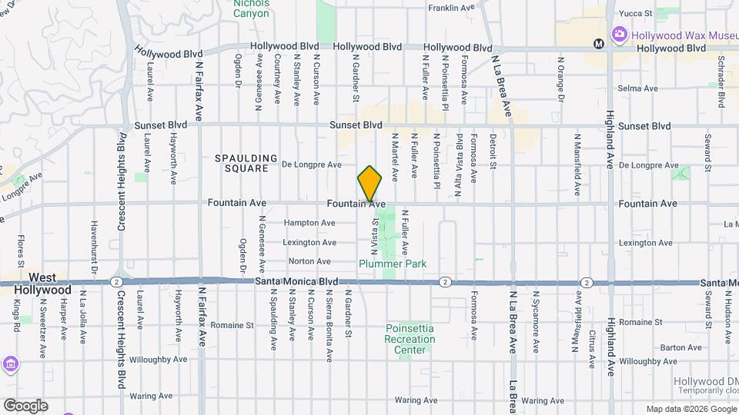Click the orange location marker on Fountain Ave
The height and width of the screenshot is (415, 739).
tap(369, 184)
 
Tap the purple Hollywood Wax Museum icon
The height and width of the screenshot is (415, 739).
tap(619, 35)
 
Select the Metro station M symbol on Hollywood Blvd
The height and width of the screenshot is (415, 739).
tap(598, 44)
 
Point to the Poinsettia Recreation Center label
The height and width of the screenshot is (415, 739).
tap(410, 339)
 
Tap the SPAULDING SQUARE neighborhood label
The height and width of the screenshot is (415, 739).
tap(246, 163)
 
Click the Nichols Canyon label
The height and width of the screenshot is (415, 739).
tap(252, 8)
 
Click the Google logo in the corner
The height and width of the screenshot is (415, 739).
tap(25, 405)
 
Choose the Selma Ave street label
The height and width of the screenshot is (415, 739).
tap(640, 88)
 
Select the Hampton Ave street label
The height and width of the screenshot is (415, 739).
tap(309, 223)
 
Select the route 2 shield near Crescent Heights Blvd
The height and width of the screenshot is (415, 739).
tap(115, 282)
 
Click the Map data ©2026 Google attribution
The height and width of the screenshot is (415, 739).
tap(691, 409)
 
